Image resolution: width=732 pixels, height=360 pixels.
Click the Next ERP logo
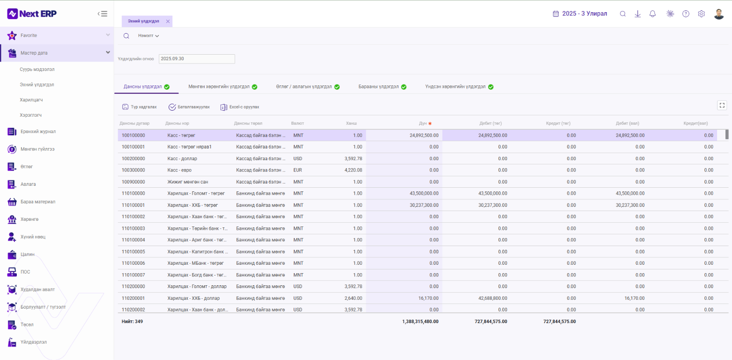[x=32, y=14]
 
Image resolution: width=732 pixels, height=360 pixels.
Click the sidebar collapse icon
[x=102, y=14]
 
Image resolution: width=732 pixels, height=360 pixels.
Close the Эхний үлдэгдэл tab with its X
[x=168, y=21]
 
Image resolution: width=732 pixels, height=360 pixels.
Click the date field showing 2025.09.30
[x=196, y=59]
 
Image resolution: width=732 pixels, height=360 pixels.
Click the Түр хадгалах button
[x=140, y=107]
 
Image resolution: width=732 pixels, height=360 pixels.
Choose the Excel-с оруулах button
[x=240, y=107]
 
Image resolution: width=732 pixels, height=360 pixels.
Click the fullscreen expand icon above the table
[x=722, y=105]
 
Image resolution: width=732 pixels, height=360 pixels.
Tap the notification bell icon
[x=653, y=14]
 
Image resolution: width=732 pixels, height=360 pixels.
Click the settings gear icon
[x=701, y=14]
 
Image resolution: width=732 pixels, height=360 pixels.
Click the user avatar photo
[x=719, y=14]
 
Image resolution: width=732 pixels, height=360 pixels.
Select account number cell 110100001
[x=133, y=205]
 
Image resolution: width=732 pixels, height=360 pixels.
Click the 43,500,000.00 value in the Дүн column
[x=424, y=193]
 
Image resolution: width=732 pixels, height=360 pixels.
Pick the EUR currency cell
[x=298, y=170]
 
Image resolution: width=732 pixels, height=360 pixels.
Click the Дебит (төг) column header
[x=490, y=123]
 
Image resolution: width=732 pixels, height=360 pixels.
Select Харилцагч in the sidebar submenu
[x=31, y=100]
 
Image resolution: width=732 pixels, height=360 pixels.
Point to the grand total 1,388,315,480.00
[x=420, y=321]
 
